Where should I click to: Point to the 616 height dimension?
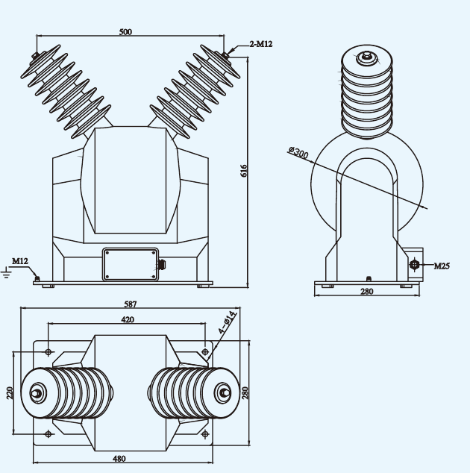point(244,171)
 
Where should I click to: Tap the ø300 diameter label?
point(297,153)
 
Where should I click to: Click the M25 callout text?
point(442,266)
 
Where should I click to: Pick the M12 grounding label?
point(19,261)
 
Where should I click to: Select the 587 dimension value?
point(131,304)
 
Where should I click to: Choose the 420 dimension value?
point(128,319)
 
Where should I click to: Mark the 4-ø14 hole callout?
point(228,321)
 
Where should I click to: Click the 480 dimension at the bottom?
point(119,459)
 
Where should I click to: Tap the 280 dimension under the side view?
point(366,292)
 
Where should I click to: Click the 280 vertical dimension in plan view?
point(245,392)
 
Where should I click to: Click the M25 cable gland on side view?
point(415,264)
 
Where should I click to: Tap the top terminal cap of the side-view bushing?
point(366,56)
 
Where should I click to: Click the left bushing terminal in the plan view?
point(36,392)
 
